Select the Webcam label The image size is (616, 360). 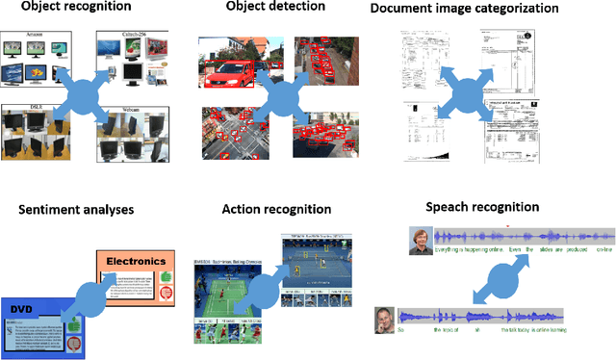pyautogui.click(x=132, y=111)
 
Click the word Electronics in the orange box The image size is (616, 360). pyautogui.click(x=136, y=260)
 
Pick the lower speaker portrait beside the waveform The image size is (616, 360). pyautogui.click(x=385, y=317)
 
